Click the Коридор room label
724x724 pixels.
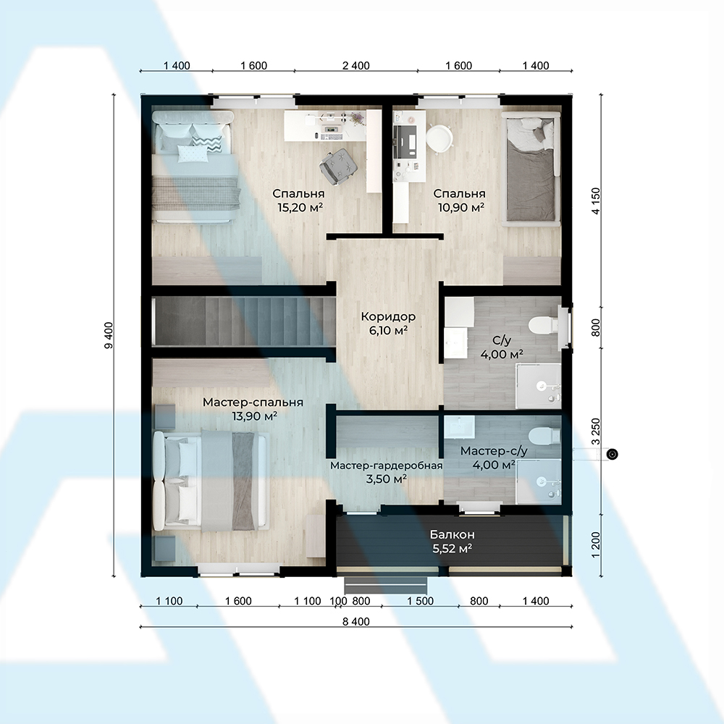(x=388, y=317)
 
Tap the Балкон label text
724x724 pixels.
(x=452, y=535)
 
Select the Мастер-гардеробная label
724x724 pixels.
(x=387, y=466)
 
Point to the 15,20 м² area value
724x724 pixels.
(x=300, y=207)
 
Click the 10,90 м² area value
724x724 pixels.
(x=460, y=207)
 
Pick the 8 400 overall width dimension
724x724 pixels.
(x=356, y=621)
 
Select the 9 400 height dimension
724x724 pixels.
(x=109, y=335)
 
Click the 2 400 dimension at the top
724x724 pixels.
(x=356, y=66)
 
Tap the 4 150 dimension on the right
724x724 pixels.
(x=596, y=201)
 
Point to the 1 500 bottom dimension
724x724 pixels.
(x=420, y=601)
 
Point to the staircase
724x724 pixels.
(x=243, y=321)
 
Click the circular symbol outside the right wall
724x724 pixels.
(x=613, y=455)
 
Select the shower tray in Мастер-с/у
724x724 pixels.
(x=539, y=481)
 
